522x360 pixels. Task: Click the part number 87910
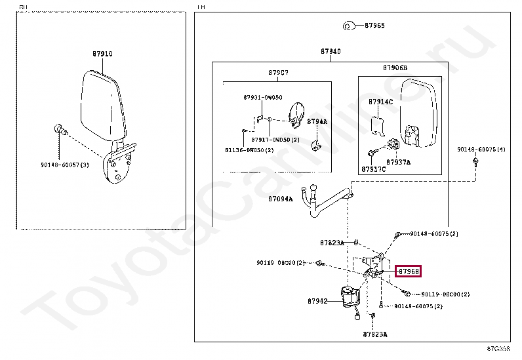[102, 54]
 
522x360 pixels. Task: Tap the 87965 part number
[374, 26]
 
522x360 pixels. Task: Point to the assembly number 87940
[331, 51]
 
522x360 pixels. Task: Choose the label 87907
[278, 72]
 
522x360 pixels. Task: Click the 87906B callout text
[395, 68]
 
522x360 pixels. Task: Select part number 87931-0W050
[262, 97]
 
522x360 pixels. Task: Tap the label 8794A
[317, 121]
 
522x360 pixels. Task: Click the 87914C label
[380, 102]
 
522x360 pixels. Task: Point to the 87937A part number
[398, 161]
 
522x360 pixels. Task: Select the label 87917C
[374, 169]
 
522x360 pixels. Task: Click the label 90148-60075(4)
[481, 150]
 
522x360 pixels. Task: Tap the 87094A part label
[280, 198]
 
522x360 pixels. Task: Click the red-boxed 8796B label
[408, 271]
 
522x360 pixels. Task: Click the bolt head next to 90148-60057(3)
[60, 129]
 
